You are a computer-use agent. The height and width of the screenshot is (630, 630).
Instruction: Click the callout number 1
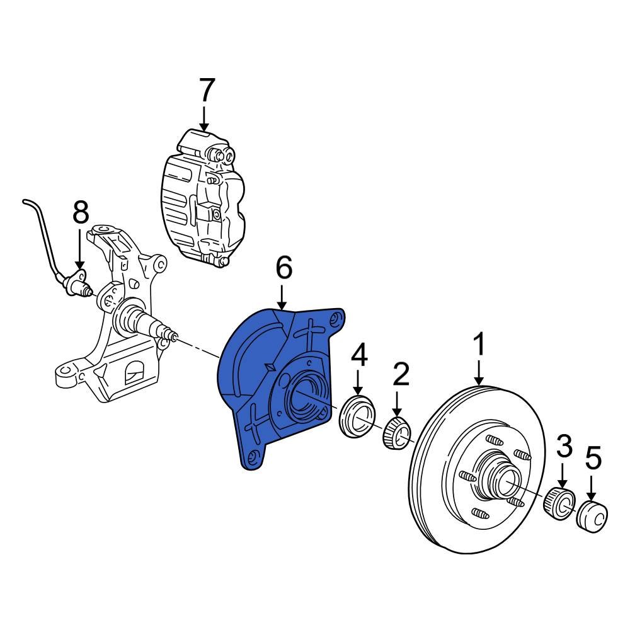[x=479, y=346]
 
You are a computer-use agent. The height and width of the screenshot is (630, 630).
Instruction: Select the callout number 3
[x=564, y=447]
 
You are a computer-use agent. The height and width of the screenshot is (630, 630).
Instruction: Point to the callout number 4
[x=358, y=355]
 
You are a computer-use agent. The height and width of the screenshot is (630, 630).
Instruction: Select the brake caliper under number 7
[x=202, y=195]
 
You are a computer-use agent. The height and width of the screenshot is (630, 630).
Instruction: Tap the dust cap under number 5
[x=593, y=517]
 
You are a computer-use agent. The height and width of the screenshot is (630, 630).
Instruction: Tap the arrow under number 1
[x=479, y=373]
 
